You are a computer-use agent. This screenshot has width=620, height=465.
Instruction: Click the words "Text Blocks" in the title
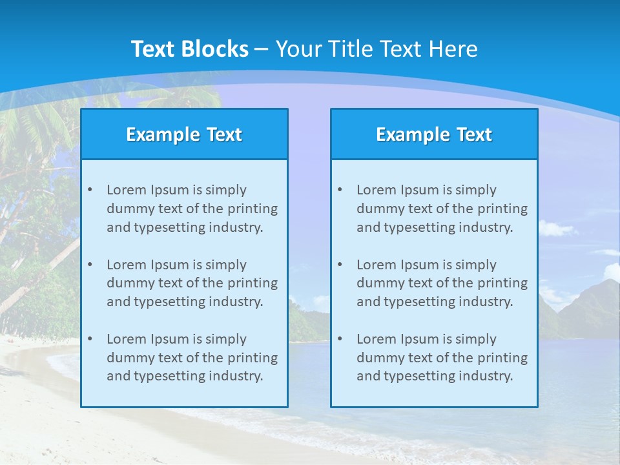click(189, 49)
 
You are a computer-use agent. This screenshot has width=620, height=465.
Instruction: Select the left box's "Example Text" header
click(184, 134)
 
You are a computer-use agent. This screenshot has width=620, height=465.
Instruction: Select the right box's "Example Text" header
click(434, 134)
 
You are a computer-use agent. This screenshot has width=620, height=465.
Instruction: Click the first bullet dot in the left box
click(90, 190)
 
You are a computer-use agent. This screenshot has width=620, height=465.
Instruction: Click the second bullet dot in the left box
click(90, 265)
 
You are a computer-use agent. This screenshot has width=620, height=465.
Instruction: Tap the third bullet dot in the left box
click(90, 339)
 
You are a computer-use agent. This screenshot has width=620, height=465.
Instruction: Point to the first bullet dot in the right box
click(340, 190)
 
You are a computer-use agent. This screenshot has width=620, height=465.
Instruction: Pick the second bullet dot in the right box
click(340, 265)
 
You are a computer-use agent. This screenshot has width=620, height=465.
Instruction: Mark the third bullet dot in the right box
click(340, 339)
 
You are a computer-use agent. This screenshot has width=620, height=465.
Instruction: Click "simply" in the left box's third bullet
click(225, 339)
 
